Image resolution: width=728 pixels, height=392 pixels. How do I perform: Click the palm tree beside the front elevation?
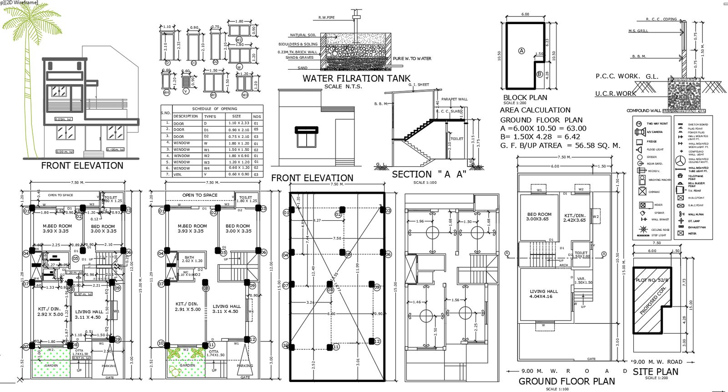[x=30, y=27]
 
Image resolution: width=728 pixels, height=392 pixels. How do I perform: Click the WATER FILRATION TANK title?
[x=356, y=78]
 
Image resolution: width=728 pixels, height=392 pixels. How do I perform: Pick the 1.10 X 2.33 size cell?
[x=238, y=123]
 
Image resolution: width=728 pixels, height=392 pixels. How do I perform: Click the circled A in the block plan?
[x=521, y=51]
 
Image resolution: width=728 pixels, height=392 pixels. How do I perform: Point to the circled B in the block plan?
[x=540, y=74]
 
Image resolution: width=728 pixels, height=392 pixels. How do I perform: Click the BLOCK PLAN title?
[x=525, y=97]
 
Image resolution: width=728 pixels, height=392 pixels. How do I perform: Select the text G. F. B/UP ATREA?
[x=531, y=146]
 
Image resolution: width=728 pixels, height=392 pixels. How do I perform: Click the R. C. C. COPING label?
[x=661, y=20]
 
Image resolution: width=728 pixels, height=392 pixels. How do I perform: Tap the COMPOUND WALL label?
[x=643, y=111]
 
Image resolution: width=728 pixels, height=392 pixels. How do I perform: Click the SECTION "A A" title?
[x=429, y=174]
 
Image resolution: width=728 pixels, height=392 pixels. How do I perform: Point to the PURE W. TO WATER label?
[x=412, y=59]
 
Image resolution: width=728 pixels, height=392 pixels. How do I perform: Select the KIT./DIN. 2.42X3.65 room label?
[x=574, y=218]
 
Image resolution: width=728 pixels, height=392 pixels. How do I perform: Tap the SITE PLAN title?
[x=655, y=372]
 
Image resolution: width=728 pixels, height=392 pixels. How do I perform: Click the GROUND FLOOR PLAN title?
[x=566, y=381]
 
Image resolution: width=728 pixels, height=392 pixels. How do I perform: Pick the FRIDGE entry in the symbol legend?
[x=652, y=142]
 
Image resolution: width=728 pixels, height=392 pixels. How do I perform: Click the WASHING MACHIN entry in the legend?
[x=660, y=180]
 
